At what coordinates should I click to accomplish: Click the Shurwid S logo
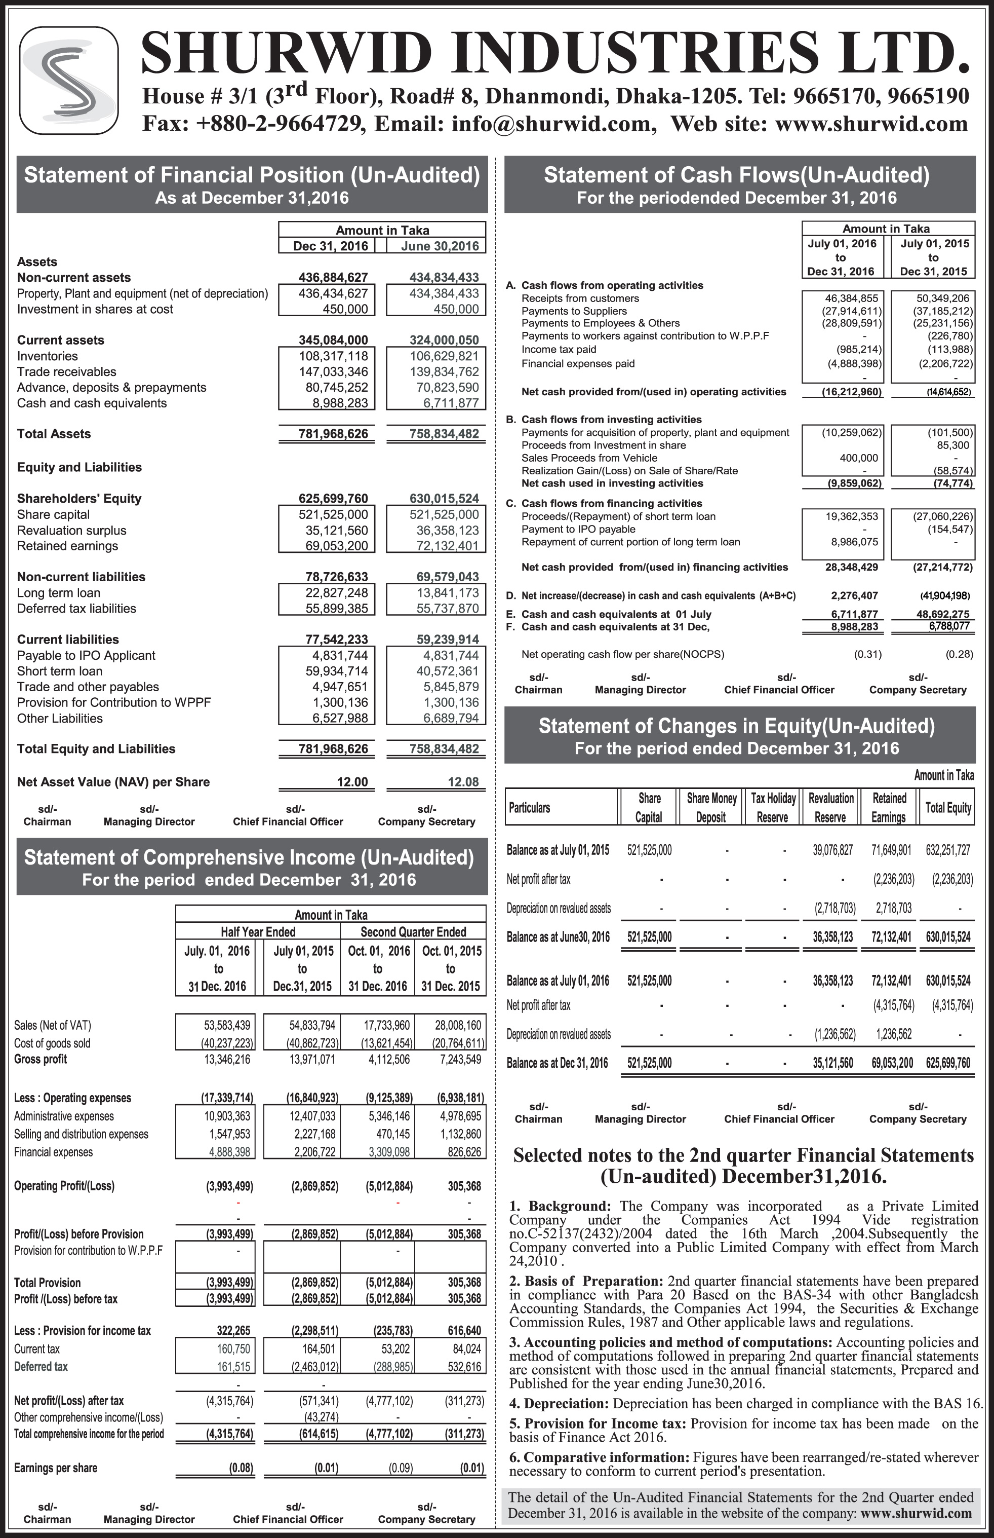click(x=69, y=80)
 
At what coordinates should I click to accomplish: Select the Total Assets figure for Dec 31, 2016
click(x=333, y=434)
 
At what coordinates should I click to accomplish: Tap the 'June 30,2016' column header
click(x=440, y=246)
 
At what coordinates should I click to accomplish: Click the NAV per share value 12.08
click(x=463, y=782)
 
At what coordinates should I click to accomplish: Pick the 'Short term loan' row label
click(x=59, y=671)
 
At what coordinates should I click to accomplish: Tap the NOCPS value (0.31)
click(x=867, y=654)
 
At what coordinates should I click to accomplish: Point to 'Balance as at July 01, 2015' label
click(x=558, y=850)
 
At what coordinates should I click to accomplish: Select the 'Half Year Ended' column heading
click(x=258, y=931)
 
